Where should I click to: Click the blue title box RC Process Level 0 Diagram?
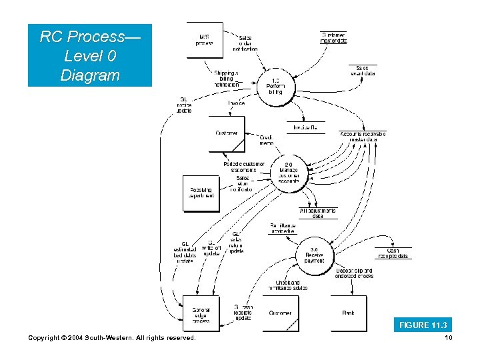tap(89, 55)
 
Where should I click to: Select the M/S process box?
tap(205, 40)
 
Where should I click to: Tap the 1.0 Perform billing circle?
tap(275, 86)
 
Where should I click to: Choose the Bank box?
tap(348, 313)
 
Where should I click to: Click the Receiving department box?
tap(201, 193)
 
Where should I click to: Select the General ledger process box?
tap(201, 313)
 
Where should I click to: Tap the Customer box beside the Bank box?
tap(280, 313)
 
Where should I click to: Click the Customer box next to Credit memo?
tap(227, 133)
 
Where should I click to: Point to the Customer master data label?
tap(334, 37)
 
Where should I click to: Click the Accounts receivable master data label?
tap(363, 136)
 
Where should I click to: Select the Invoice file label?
tap(305, 127)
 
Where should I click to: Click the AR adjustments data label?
tap(318, 213)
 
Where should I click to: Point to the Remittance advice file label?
tap(287, 228)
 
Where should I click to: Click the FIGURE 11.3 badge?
tap(423, 325)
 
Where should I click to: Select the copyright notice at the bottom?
tap(112, 339)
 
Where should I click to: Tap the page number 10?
tap(448, 339)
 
